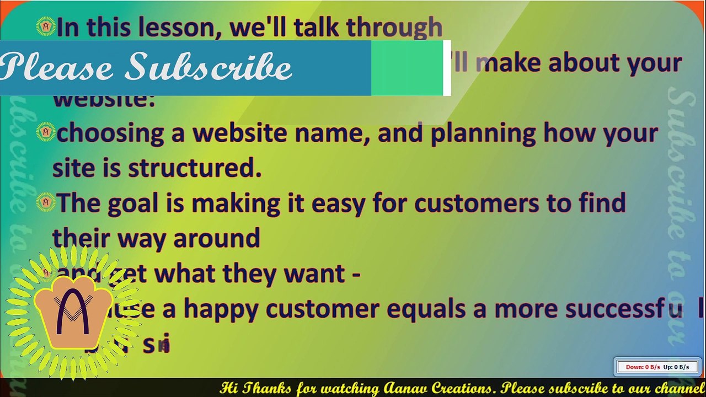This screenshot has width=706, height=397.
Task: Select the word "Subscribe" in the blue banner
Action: (210, 67)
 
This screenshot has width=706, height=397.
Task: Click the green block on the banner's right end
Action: (407, 68)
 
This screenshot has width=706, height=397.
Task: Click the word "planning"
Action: (483, 134)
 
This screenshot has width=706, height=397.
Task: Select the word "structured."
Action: (195, 169)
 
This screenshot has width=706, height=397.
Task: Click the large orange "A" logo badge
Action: (72, 313)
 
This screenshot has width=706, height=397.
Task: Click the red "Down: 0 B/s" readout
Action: (643, 367)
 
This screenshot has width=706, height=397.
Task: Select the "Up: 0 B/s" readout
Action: (676, 367)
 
